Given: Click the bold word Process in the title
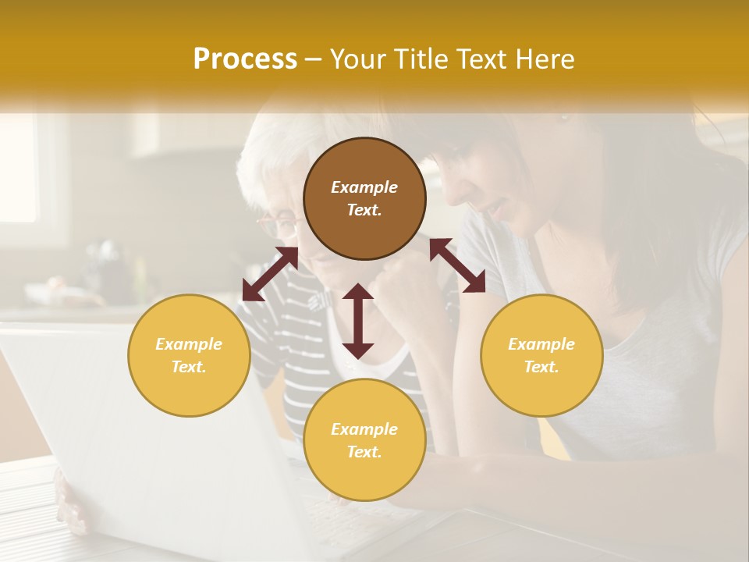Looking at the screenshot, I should coord(245,59).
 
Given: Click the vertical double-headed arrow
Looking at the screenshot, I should coord(358,321).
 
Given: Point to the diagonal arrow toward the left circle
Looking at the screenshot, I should coord(270,274).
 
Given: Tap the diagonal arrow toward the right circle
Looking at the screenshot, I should coord(457,265).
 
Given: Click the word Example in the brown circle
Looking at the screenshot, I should coord(364,187).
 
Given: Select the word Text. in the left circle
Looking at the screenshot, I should coord(189,367).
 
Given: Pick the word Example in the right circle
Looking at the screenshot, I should coord(541,344).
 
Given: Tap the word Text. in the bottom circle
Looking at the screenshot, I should coord(364,452).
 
